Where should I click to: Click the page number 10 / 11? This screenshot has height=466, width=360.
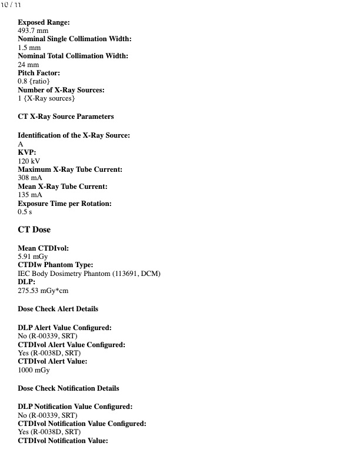pyautogui.click(x=11, y=5)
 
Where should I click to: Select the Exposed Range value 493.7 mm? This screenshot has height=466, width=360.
pyautogui.click(x=33, y=31)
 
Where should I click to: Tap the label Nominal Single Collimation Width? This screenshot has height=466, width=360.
pyautogui.click(x=75, y=39)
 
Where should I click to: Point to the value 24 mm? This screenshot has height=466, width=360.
pyautogui.click(x=28, y=65)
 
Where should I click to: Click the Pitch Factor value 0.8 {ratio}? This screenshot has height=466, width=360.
pyautogui.click(x=34, y=81)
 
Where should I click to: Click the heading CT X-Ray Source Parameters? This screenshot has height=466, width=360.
pyautogui.click(x=66, y=116)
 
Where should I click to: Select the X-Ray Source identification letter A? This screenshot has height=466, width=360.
pyautogui.click(x=21, y=144)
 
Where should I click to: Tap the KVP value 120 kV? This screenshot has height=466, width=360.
pyautogui.click(x=29, y=161)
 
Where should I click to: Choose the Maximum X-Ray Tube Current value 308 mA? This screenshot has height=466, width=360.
pyautogui.click(x=30, y=178)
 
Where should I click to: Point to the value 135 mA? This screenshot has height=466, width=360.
pyautogui.click(x=30, y=195)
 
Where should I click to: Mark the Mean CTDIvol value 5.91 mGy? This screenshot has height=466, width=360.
pyautogui.click(x=33, y=257)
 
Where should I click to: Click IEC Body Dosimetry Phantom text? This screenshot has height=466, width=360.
pyautogui.click(x=88, y=274)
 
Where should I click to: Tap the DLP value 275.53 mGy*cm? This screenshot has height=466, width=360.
pyautogui.click(x=44, y=291)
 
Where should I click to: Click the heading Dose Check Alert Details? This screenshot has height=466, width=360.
pyautogui.click(x=58, y=309)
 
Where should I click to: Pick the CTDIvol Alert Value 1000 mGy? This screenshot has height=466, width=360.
pyautogui.click(x=34, y=371)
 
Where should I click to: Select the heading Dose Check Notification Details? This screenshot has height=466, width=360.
pyautogui.click(x=68, y=388)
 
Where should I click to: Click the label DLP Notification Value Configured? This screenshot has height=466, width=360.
pyautogui.click(x=75, y=407)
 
